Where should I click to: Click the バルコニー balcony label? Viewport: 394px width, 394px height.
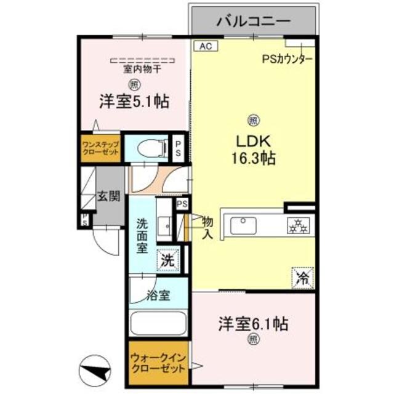click(x=253, y=22)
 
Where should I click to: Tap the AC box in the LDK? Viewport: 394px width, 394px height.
click(x=204, y=46)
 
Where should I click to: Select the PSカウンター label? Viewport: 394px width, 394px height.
click(x=287, y=59)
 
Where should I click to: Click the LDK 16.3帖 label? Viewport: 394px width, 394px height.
click(x=253, y=148)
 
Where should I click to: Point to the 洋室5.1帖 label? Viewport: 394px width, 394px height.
click(x=135, y=101)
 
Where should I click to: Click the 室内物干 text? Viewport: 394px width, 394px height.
click(x=142, y=69)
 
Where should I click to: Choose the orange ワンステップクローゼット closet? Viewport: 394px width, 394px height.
click(x=100, y=148)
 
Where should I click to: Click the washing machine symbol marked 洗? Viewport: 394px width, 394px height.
click(x=168, y=260)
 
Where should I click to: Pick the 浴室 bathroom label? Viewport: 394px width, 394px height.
click(x=158, y=295)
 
